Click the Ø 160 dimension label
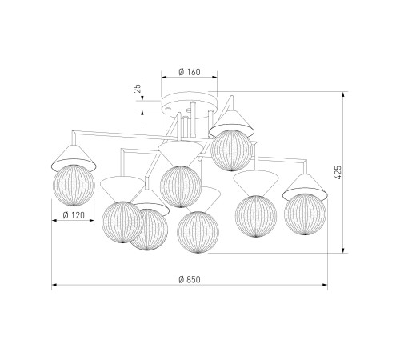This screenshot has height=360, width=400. pyautogui.click(x=189, y=72)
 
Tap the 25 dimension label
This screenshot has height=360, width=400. pyautogui.click(x=137, y=88)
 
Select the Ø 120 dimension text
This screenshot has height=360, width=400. pyautogui.click(x=74, y=215)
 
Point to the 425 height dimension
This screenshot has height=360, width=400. pyautogui.click(x=338, y=172)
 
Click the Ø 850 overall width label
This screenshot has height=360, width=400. pyautogui.click(x=190, y=279)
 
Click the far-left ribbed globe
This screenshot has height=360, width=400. pyautogui.click(x=74, y=186)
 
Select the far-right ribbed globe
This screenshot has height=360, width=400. pyautogui.click(x=305, y=214)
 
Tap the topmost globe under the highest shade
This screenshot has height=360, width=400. pyautogui.click(x=231, y=150)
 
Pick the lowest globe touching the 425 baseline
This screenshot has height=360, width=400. pyautogui.click(x=198, y=232)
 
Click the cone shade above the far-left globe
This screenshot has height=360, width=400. pyautogui.click(x=74, y=158)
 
